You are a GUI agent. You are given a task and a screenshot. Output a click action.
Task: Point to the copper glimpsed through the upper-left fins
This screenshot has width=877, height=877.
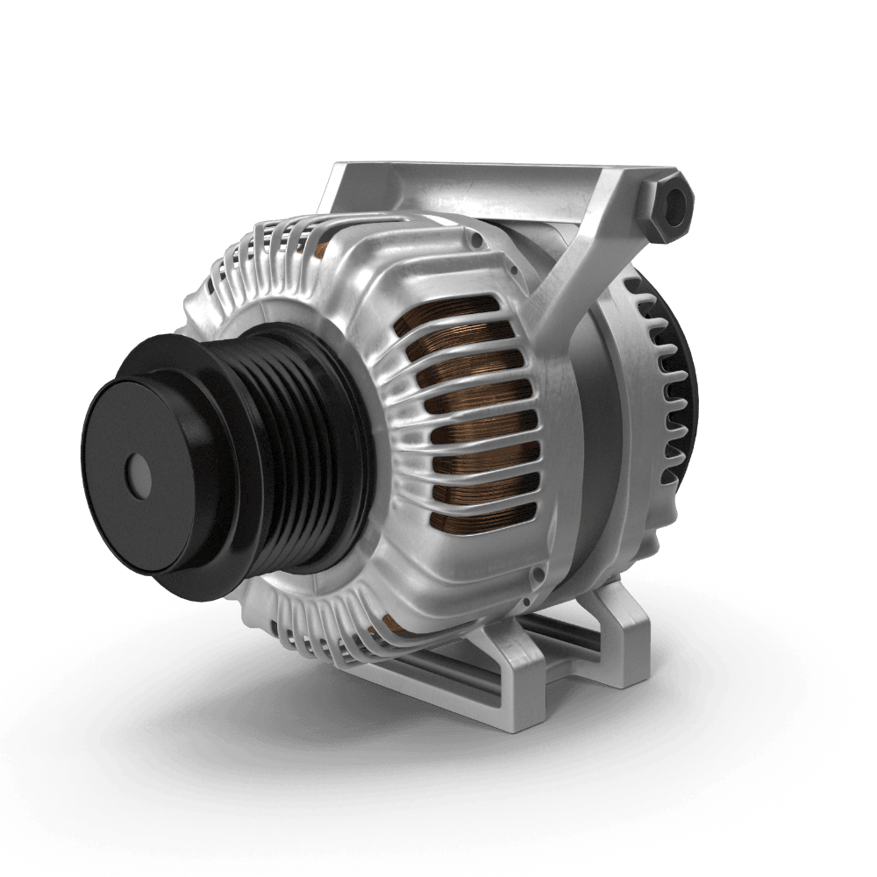coord(321,250)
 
